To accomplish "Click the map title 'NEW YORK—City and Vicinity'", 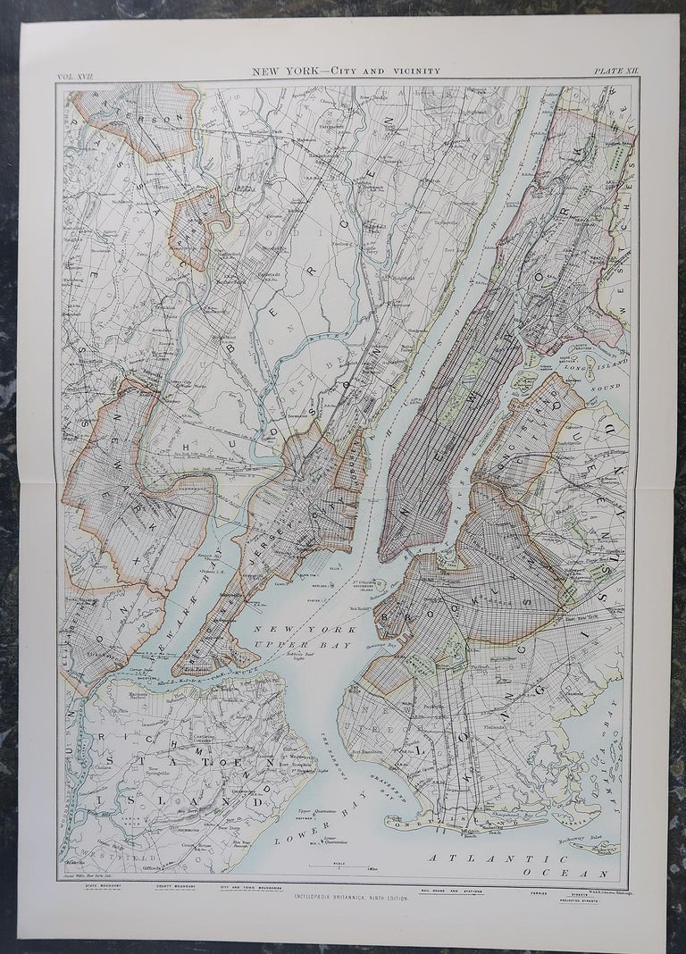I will point(345,71).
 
